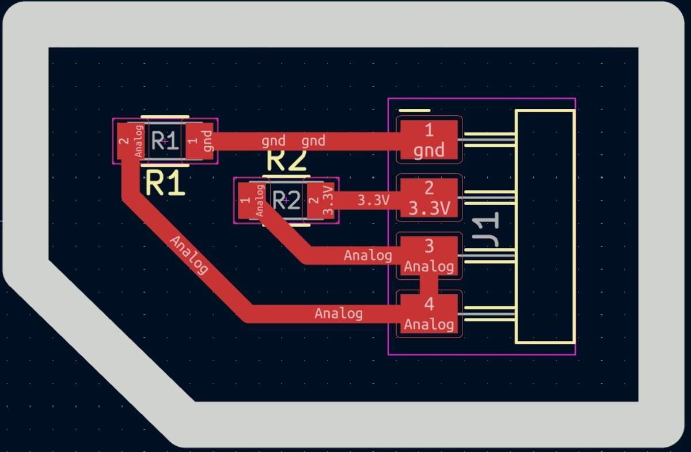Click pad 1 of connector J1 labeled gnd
(429, 140)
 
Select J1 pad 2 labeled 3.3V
(429, 197)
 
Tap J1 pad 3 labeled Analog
(429, 256)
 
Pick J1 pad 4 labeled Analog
(429, 314)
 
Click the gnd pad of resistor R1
(200, 141)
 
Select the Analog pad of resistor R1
(131, 141)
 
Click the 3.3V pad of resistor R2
(321, 200)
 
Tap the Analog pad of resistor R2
(252, 200)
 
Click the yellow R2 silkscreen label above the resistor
(287, 161)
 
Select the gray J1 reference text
(486, 229)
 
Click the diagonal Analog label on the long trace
(189, 255)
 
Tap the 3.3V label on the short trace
(373, 200)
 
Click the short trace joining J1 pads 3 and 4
(429, 285)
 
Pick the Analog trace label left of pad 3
(368, 256)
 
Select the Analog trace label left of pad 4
(339, 313)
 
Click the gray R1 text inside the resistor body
(165, 140)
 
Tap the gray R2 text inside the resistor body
(286, 200)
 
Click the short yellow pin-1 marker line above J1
(414, 110)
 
